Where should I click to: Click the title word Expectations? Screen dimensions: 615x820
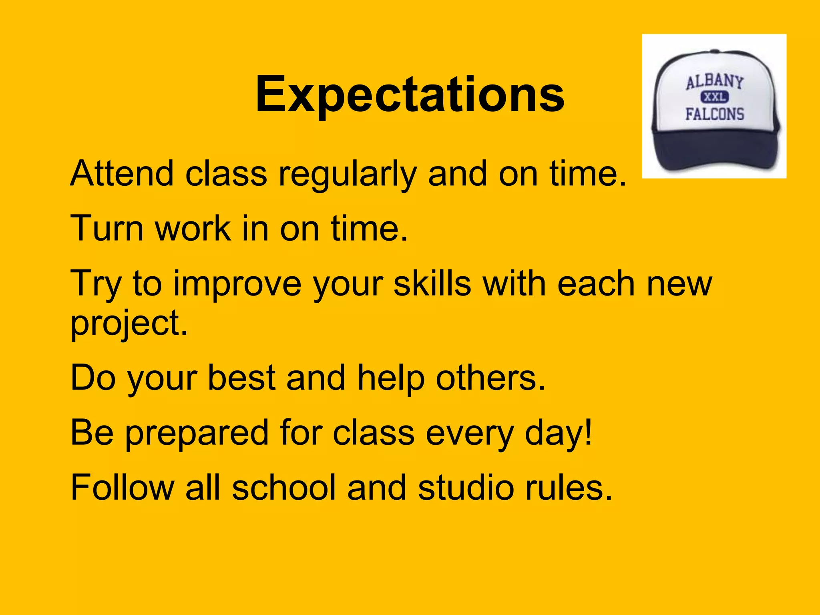410,95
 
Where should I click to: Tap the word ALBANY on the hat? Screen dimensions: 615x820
714,82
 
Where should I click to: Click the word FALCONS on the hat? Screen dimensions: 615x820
714,114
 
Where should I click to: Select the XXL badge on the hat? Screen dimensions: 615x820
714,97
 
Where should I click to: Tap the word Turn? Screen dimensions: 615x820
107,228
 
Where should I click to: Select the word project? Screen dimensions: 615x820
128,324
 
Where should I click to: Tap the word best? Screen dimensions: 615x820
241,378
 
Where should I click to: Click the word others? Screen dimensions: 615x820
490,378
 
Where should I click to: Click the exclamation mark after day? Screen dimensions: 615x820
588,432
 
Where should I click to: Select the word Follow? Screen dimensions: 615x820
122,487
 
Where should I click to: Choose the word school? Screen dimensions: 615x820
284,487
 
